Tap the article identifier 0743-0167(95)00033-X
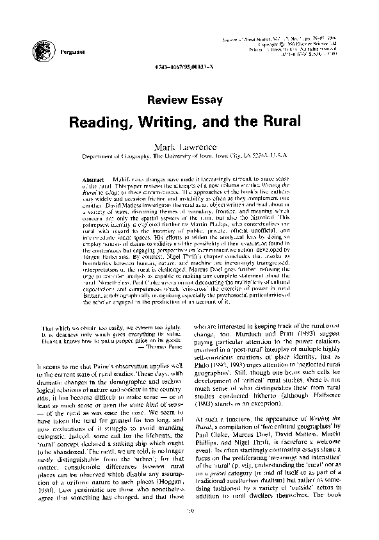(x=189, y=67)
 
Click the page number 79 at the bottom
(x=190, y=527)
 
